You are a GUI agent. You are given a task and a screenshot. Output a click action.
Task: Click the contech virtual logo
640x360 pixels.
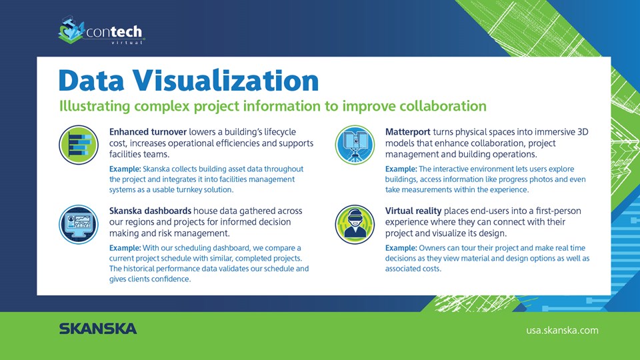click(101, 30)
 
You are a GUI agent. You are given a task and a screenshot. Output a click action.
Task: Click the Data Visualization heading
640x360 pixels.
click(189, 81)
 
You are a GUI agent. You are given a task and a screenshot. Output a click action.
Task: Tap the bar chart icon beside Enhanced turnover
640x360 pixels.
click(79, 145)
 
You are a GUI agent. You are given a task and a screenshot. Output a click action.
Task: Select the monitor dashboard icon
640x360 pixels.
click(79, 225)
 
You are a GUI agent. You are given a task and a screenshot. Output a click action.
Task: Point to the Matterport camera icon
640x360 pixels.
click(355, 145)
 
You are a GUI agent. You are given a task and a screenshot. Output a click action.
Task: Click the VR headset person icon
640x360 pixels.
click(355, 225)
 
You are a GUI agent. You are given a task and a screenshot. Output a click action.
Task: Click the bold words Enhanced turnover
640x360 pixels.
click(148, 132)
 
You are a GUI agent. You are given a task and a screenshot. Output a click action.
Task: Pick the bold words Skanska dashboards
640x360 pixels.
click(150, 211)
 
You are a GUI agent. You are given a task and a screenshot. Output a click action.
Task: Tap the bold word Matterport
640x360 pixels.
click(408, 132)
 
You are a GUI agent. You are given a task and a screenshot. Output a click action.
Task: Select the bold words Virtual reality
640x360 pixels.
click(413, 211)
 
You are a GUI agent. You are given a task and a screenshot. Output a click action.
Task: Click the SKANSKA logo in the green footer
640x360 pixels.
click(98, 329)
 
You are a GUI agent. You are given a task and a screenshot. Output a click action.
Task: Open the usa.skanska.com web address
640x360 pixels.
click(562, 330)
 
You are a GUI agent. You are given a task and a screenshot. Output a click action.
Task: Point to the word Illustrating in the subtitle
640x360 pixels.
click(95, 107)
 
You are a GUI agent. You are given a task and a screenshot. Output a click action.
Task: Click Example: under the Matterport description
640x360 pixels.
click(401, 169)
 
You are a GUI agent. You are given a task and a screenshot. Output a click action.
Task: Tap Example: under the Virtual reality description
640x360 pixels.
click(401, 248)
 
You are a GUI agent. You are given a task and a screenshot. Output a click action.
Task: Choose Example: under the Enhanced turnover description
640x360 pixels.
click(125, 169)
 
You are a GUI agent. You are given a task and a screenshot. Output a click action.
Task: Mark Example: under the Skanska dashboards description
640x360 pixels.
click(125, 248)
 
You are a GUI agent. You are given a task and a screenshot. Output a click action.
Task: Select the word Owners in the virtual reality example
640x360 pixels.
click(431, 248)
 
